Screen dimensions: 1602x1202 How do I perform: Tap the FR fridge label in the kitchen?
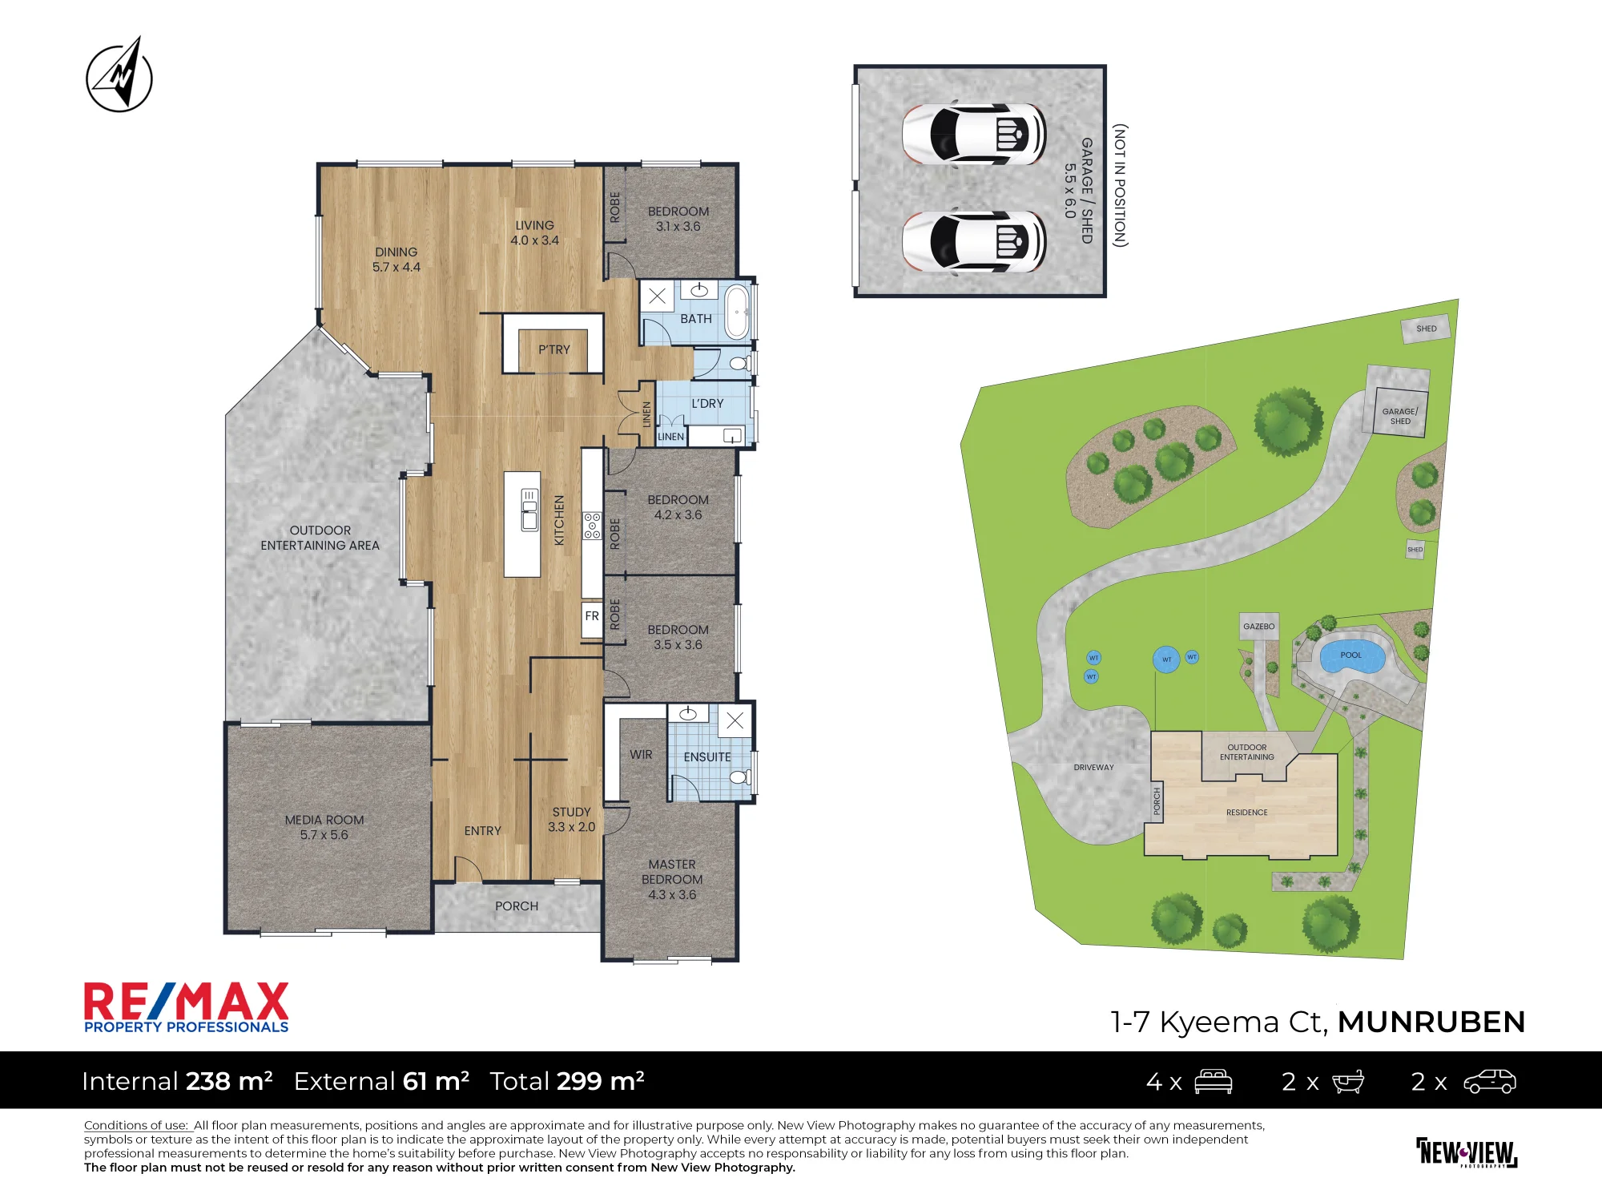click(x=592, y=616)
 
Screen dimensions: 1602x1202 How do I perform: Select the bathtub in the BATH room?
click(x=736, y=311)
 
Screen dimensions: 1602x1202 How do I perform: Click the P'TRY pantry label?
click(x=554, y=349)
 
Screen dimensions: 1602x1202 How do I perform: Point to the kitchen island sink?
click(x=529, y=510)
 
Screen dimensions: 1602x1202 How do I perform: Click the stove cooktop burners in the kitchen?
click(x=592, y=526)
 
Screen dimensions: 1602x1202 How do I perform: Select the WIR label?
click(x=641, y=755)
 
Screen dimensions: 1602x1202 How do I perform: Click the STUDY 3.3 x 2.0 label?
click(x=572, y=820)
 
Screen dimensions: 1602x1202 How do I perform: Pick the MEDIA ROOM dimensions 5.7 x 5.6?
click(x=324, y=835)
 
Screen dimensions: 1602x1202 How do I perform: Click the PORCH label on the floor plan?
click(x=517, y=906)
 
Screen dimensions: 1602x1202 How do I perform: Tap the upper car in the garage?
click(x=974, y=134)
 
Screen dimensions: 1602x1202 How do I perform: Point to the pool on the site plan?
click(x=1352, y=656)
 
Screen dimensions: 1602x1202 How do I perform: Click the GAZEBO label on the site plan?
click(x=1259, y=627)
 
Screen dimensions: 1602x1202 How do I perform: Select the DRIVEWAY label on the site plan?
click(x=1094, y=768)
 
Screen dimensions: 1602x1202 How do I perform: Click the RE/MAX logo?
click(x=187, y=1008)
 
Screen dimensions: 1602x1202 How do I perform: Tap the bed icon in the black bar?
click(x=1214, y=1082)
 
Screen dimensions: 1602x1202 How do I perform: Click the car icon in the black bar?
click(x=1490, y=1082)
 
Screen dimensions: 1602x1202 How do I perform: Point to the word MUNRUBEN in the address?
click(x=1431, y=1023)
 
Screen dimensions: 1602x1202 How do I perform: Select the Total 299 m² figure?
click(x=567, y=1082)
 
